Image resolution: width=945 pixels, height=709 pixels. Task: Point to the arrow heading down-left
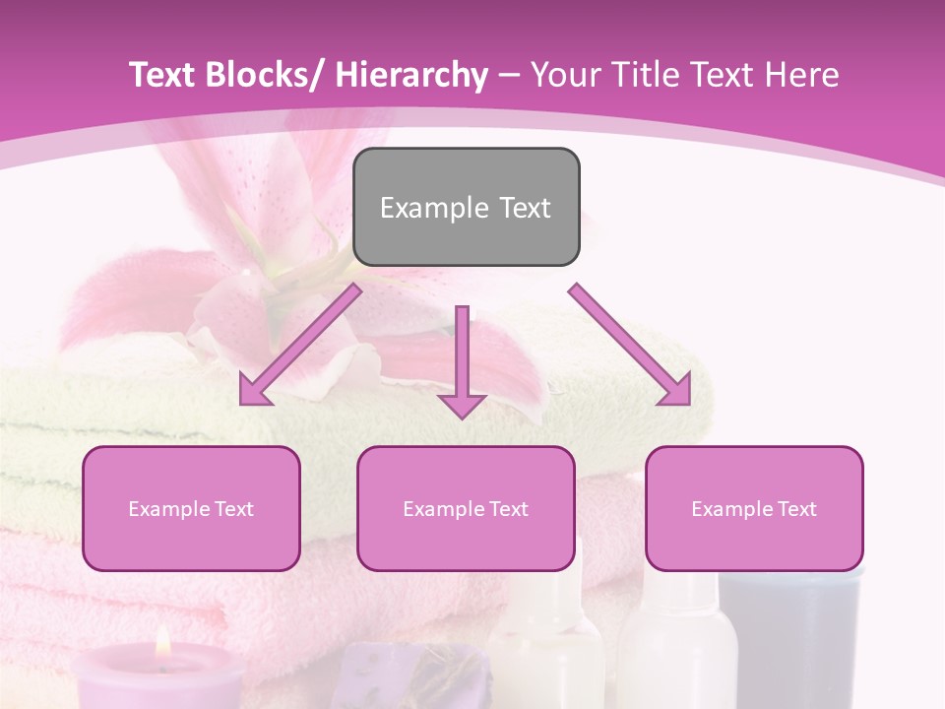pyautogui.click(x=300, y=345)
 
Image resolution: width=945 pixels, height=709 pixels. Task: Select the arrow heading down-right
pyautogui.click(x=630, y=345)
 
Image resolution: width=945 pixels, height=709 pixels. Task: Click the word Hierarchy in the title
pyautogui.click(x=411, y=75)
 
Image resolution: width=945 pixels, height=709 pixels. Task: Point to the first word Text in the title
pyautogui.click(x=165, y=75)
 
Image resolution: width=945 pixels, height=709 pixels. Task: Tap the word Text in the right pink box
pyautogui.click(x=794, y=509)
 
